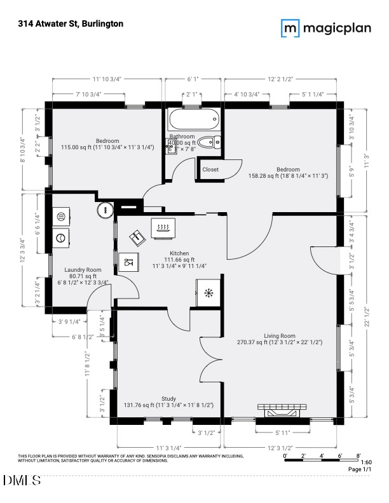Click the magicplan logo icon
click(x=291, y=27)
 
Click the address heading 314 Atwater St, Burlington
click(x=71, y=23)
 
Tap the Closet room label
click(x=210, y=170)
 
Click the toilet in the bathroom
click(x=208, y=143)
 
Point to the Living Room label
click(x=280, y=335)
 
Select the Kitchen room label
click(x=170, y=253)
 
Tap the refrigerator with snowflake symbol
click(x=208, y=293)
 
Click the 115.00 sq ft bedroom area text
click(x=107, y=147)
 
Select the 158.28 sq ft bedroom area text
click(x=288, y=176)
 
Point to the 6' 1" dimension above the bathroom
click(x=193, y=79)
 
